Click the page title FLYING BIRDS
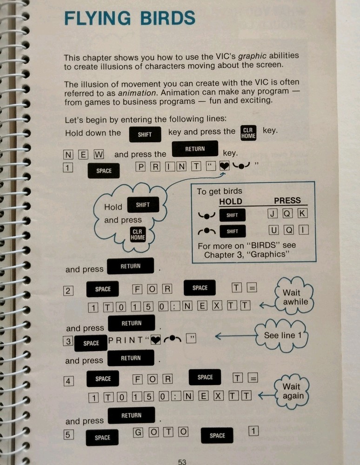coord(129,19)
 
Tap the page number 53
coord(182,461)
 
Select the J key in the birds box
coord(273,214)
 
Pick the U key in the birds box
coord(273,231)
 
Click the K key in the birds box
coord(303,214)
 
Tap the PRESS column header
coord(287,201)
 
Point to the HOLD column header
coord(231,201)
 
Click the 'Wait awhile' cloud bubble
coord(295,297)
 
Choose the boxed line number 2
coord(68,291)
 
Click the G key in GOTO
coord(138,432)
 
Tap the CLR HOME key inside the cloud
coord(137,235)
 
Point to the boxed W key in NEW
coord(99,154)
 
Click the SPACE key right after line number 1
coord(104,171)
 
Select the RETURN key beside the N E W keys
coord(195,149)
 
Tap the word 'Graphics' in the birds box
coord(270,254)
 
